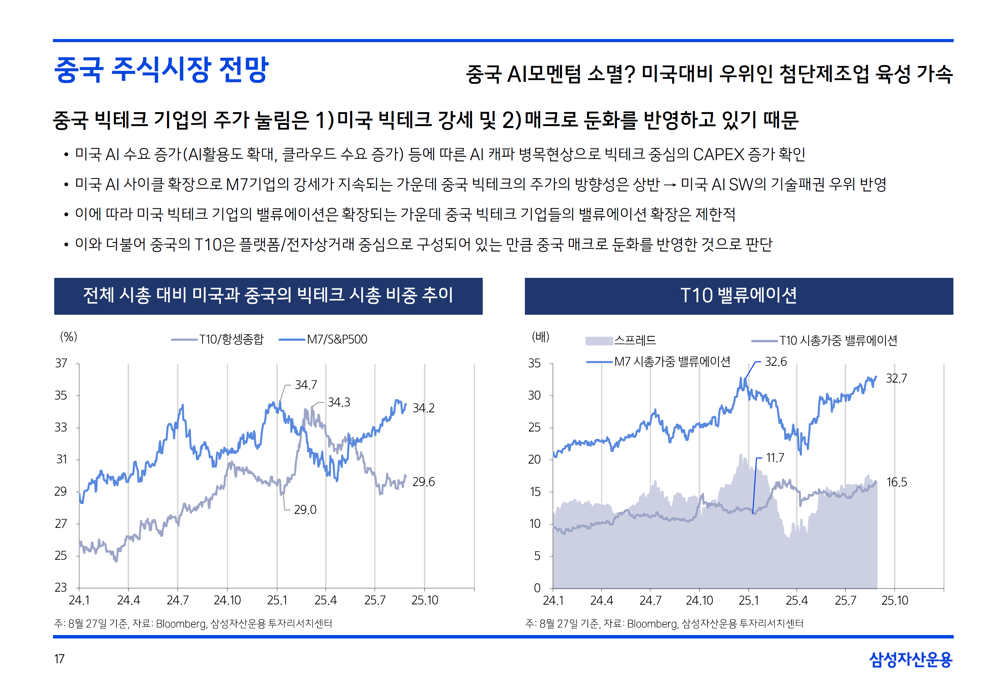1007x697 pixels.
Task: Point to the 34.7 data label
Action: [306, 385]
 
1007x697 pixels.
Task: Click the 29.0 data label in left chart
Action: [305, 510]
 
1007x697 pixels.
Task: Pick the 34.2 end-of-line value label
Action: [423, 408]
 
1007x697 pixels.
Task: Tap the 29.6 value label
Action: [423, 482]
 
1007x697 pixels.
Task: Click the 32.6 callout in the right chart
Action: [775, 362]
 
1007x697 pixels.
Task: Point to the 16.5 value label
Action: [896, 482]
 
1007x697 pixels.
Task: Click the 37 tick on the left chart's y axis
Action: [61, 363]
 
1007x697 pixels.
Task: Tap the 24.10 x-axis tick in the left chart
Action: [227, 600]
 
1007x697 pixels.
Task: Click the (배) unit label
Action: [540, 337]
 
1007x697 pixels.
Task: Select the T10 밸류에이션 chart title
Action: [738, 296]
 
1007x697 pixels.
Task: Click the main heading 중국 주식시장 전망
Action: [161, 70]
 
